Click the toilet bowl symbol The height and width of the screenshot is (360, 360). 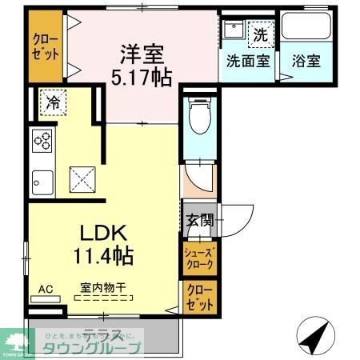pos(197,120)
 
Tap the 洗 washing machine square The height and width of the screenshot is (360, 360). pos(260,34)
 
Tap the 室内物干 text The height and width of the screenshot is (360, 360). pos(102,286)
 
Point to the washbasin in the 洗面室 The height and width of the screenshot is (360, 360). pos(234,33)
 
